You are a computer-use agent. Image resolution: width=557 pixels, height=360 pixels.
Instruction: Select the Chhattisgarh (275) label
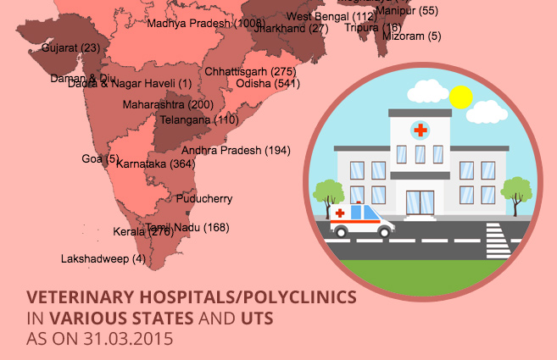coord(250,72)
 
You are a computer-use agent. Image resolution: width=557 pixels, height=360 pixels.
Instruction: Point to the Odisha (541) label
coord(267,84)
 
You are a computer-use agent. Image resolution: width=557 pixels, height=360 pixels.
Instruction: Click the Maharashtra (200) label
coord(168,105)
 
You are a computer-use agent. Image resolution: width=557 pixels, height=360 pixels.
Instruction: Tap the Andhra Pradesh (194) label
coord(236,150)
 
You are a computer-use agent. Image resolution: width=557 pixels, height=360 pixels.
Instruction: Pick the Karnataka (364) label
coord(155,163)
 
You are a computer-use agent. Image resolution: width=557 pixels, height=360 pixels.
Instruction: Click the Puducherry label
coord(203,199)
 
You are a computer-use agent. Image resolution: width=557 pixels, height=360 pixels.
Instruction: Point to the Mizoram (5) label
coord(412,36)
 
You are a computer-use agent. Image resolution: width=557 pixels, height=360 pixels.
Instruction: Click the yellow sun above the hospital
coord(460,97)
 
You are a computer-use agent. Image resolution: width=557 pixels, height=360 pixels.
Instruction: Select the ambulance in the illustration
coord(362,220)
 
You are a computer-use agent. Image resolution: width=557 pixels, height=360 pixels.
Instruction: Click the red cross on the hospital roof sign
coord(420,130)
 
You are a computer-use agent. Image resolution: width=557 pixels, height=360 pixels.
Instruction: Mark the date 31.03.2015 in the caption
coord(125,338)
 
